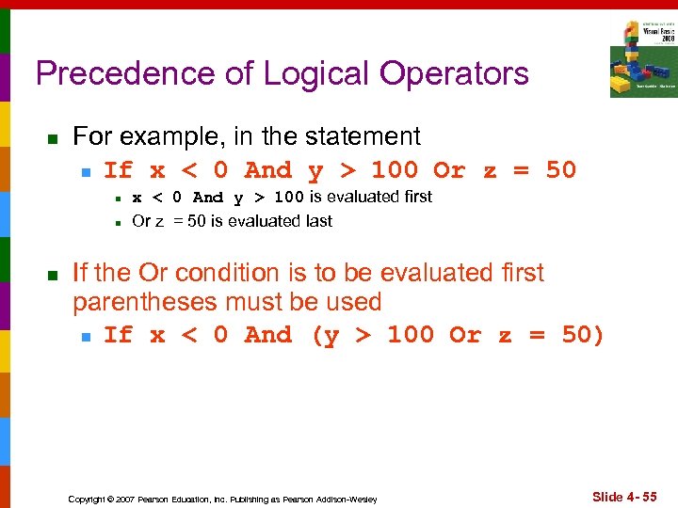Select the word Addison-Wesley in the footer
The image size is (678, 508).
pos(347,499)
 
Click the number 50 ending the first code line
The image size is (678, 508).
pos(560,170)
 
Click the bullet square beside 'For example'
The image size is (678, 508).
pos(53,138)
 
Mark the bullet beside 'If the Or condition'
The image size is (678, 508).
pos(53,275)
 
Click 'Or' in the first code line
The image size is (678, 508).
pos(448,170)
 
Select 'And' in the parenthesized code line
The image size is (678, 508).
pos(267,335)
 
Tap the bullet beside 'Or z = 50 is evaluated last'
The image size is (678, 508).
pos(116,223)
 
